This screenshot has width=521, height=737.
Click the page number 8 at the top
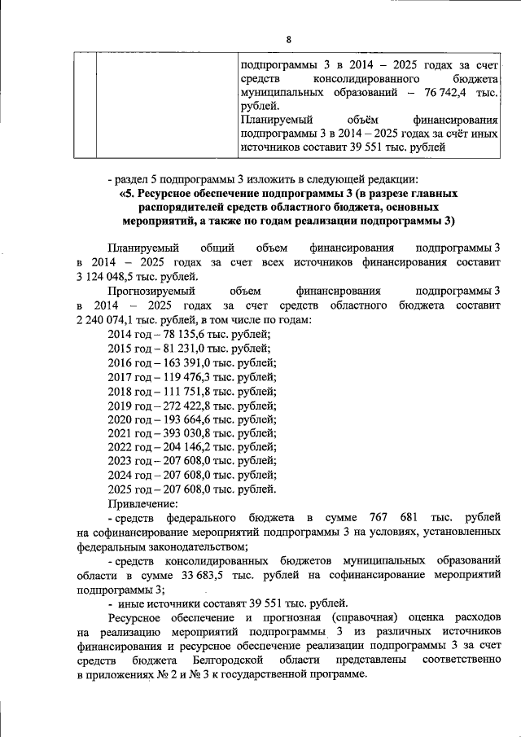pyautogui.click(x=288, y=38)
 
